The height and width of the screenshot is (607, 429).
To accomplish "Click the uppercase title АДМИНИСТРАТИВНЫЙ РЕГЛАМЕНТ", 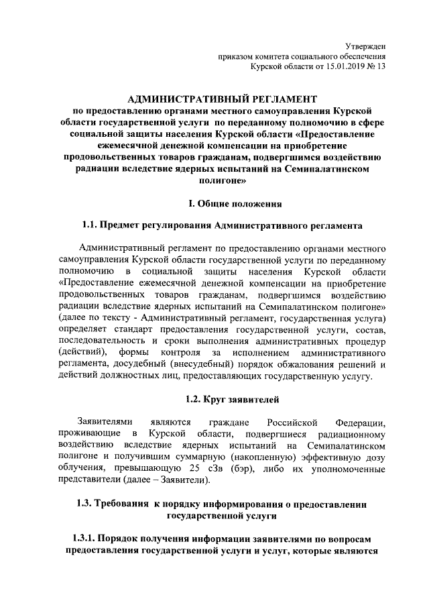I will pyautogui.click(x=218, y=99).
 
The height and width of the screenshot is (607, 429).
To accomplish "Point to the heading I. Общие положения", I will pyautogui.click(x=218, y=203).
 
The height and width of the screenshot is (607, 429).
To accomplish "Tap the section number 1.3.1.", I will pyautogui.click(x=84, y=539).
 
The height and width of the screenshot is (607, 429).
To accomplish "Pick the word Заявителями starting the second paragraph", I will pyautogui.click(x=106, y=421).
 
